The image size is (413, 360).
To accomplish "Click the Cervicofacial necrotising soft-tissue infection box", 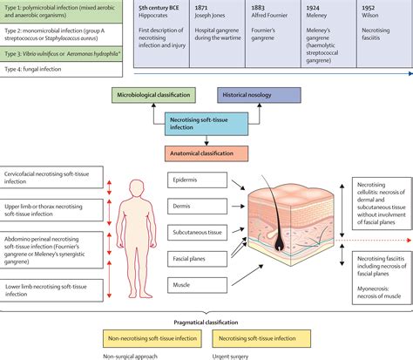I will [54, 178].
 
